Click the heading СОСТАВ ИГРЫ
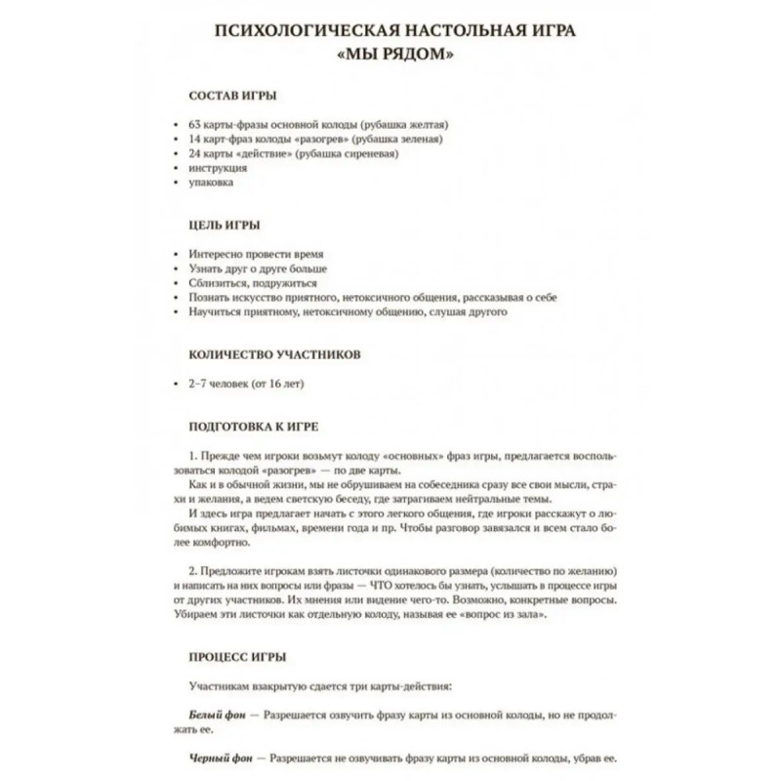click(231, 97)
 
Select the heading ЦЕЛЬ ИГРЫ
click(224, 225)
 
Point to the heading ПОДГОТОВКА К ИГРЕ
click(253, 427)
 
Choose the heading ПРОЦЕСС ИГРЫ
click(237, 656)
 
